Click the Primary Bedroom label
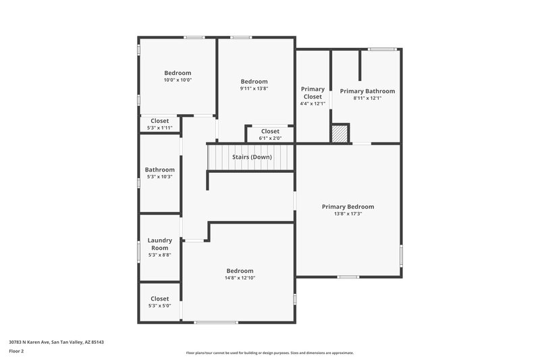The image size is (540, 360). click(348, 207)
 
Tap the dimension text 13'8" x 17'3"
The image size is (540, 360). click(348, 214)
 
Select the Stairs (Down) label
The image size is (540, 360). click(252, 157)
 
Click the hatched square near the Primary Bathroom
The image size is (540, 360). click(340, 133)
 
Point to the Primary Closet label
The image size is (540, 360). click(313, 93)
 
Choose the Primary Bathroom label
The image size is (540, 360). click(367, 91)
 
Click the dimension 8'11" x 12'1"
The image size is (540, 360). click(367, 99)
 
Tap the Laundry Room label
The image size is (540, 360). click(159, 244)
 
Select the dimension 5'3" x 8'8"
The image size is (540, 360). click(159, 255)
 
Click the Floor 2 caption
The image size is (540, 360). click(16, 351)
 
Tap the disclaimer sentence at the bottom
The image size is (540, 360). click(269, 353)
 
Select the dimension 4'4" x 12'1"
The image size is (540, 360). click(313, 104)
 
